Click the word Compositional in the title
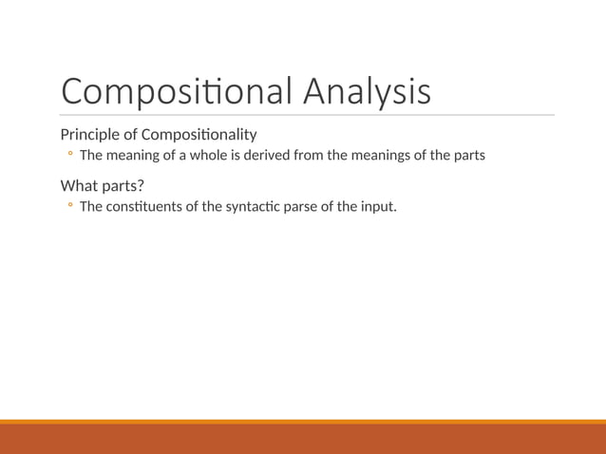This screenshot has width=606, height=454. click(178, 92)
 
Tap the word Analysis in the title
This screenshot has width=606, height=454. click(367, 92)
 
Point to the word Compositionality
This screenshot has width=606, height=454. click(199, 134)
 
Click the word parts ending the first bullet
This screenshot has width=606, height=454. click(466, 155)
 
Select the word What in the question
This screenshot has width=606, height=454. click(79, 184)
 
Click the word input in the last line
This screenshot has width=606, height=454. click(376, 205)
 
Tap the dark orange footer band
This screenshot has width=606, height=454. click(303, 439)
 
